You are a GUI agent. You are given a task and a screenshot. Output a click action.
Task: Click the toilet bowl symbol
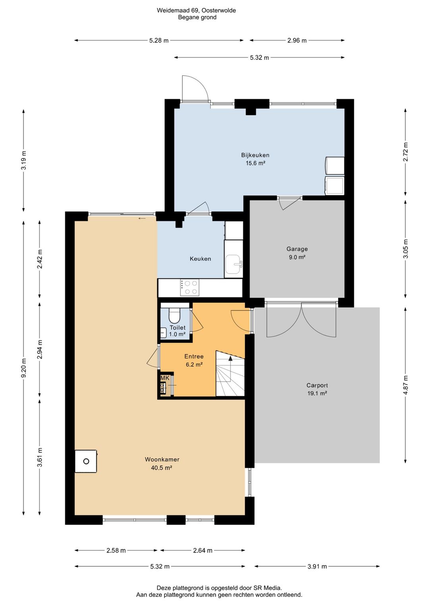tap(174, 315)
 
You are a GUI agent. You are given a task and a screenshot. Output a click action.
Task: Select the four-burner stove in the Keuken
tap(190, 287)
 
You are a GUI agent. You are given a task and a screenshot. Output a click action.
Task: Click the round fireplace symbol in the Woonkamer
tap(86, 461)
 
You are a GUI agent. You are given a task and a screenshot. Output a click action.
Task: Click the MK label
tap(165, 378)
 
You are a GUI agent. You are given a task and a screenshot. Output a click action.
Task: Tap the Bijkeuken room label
tap(255, 155)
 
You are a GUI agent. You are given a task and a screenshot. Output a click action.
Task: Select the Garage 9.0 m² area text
tap(297, 257)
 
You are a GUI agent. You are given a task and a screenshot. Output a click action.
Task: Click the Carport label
tap(317, 385)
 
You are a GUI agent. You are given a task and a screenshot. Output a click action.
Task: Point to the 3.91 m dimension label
tap(317, 566)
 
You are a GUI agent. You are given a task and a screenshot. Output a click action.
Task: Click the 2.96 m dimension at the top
tap(297, 41)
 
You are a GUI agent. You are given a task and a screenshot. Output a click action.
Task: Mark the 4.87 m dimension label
tap(406, 385)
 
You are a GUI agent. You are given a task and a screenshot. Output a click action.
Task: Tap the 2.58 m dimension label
tap(116, 550)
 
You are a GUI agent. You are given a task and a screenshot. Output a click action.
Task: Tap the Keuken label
tap(200, 259)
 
